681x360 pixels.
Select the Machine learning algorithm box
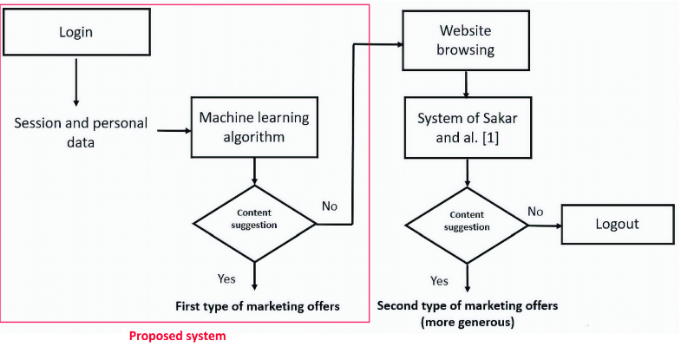pos(254,127)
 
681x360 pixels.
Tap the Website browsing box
pos(467,40)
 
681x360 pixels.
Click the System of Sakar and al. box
pos(467,127)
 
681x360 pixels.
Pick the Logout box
pos(617,224)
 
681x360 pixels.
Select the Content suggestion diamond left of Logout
pos(467,224)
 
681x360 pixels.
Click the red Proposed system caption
pos(177,337)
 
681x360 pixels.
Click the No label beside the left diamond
pos(329,206)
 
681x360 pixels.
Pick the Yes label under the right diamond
pos(439,281)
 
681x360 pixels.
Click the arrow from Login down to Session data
pos(76,82)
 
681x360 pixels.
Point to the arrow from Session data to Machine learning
pos(172,132)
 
